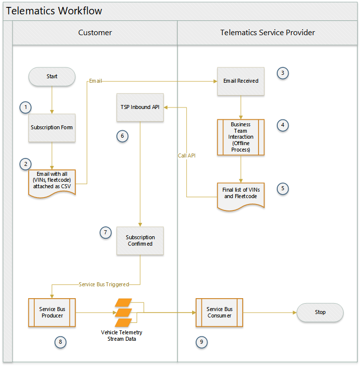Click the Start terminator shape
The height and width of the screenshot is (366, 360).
click(x=52, y=77)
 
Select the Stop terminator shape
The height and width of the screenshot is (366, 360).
click(x=320, y=313)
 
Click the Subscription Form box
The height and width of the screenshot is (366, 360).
click(x=52, y=128)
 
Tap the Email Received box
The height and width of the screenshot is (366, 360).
click(x=241, y=81)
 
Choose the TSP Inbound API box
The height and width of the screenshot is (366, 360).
click(x=140, y=107)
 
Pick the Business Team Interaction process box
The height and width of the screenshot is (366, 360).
click(x=241, y=137)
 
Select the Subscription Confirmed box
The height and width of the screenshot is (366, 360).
click(x=140, y=241)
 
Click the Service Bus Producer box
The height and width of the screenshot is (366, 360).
click(x=52, y=313)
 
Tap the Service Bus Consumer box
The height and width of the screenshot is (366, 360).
click(x=219, y=313)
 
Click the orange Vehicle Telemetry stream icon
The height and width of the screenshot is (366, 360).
click(x=124, y=313)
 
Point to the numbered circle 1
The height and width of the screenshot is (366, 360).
click(x=25, y=107)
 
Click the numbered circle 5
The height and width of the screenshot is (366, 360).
click(x=283, y=189)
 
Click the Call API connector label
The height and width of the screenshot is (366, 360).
click(x=187, y=156)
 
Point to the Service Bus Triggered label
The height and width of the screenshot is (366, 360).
click(x=104, y=285)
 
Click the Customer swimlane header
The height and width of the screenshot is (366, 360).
click(x=95, y=33)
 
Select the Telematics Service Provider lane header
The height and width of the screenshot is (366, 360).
click(x=267, y=33)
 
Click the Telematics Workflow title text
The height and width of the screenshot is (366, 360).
click(x=54, y=11)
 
